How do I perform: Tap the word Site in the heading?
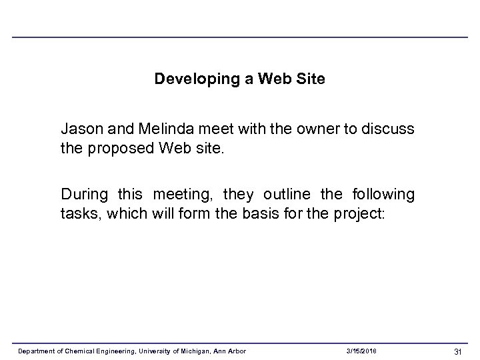point(311,79)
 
